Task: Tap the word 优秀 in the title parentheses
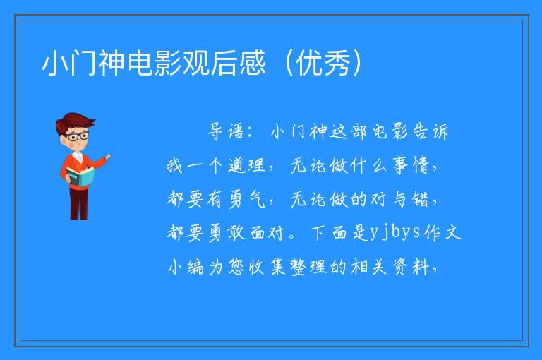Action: point(323,63)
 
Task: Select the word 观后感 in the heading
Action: point(224,63)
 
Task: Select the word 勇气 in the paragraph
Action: point(246,199)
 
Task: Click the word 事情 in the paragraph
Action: point(411,165)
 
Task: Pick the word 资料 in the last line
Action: point(411,267)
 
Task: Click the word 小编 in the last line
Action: point(186,267)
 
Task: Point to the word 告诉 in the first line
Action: point(430,131)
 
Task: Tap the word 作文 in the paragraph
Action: point(442,232)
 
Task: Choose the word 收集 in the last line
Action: point(267,267)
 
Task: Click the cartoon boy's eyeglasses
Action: point(77,136)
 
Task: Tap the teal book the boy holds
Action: point(80,176)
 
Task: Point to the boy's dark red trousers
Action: point(78,203)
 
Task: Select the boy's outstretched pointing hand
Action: point(108,157)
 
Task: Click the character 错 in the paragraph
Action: point(421,199)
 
